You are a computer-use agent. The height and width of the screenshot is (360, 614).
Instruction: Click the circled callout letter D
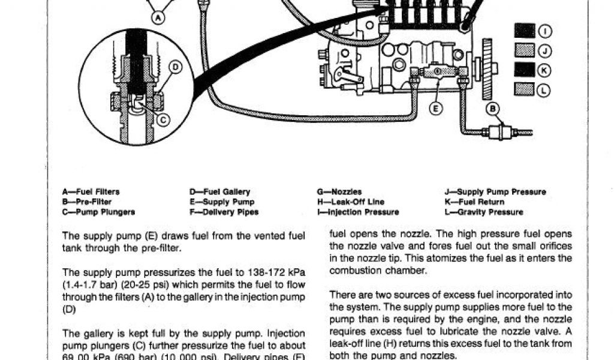pos(174,68)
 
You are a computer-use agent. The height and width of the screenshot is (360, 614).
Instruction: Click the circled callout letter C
pos(162,119)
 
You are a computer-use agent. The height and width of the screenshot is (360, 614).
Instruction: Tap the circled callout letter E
pos(436,109)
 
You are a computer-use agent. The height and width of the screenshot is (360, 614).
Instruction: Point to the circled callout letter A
pos(158,18)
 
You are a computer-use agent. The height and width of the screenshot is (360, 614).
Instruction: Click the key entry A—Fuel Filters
pos(91,192)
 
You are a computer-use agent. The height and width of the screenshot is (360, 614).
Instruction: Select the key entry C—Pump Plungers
pos(98,212)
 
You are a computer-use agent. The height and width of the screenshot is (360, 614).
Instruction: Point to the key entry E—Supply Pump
pos(221,202)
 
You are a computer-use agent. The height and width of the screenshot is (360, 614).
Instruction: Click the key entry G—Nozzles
pos(339,192)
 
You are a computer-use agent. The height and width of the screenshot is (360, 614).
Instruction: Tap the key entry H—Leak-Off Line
pos(350,202)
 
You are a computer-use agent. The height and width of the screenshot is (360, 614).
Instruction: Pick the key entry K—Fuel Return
pos(474,202)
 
